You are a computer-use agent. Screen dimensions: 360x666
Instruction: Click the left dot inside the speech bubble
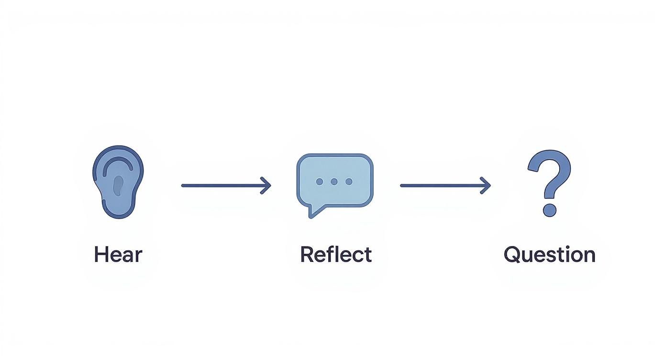click(x=320, y=182)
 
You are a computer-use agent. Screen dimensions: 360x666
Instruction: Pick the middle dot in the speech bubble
click(x=334, y=182)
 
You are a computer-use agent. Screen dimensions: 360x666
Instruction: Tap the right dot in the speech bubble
click(x=349, y=182)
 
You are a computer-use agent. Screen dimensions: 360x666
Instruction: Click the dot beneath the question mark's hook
click(x=549, y=210)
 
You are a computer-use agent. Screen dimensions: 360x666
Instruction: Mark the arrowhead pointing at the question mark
click(x=486, y=185)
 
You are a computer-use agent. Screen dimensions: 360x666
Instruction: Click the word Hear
click(x=118, y=255)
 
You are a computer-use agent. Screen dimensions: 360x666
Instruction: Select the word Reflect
click(x=335, y=255)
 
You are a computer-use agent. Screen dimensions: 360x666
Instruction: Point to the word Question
click(x=549, y=255)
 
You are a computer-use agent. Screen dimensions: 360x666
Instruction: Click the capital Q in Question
click(x=512, y=255)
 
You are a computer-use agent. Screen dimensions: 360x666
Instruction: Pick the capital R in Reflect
click(x=307, y=255)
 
